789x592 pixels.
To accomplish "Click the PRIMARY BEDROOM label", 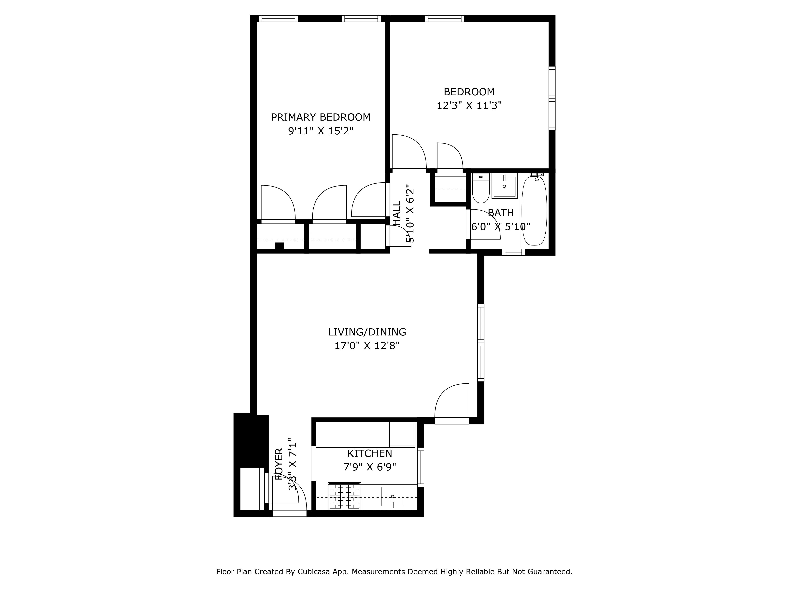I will click(x=321, y=117).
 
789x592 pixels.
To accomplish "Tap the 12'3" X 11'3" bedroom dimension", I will click(x=469, y=106).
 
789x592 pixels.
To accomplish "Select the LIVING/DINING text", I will click(x=367, y=332).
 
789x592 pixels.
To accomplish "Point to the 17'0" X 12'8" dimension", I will click(x=367, y=346).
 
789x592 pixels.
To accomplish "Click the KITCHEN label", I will click(x=369, y=453).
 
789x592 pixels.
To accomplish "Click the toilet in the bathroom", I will click(x=481, y=189).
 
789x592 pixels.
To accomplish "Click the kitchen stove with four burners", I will click(x=344, y=496).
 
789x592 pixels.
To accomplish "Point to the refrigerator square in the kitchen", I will click(x=402, y=434).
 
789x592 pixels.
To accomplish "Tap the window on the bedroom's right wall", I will click(x=552, y=98).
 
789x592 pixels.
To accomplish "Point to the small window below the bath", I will click(x=513, y=252).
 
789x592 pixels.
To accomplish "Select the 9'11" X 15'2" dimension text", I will click(x=321, y=131).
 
